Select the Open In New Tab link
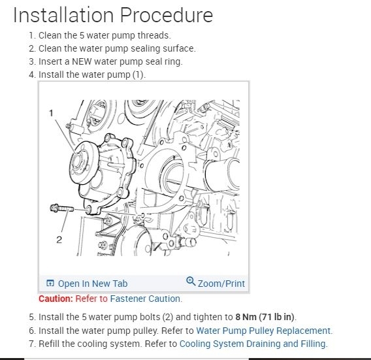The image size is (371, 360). click(x=93, y=284)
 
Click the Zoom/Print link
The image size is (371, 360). click(x=221, y=284)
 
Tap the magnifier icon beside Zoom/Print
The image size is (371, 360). click(x=191, y=282)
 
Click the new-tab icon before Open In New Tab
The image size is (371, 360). click(x=50, y=284)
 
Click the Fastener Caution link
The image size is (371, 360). click(x=146, y=299)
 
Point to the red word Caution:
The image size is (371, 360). click(x=56, y=299)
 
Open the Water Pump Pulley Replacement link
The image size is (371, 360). click(x=264, y=331)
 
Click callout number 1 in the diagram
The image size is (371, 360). click(x=51, y=114)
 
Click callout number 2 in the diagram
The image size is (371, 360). click(x=59, y=240)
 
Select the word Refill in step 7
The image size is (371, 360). click(x=52, y=344)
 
